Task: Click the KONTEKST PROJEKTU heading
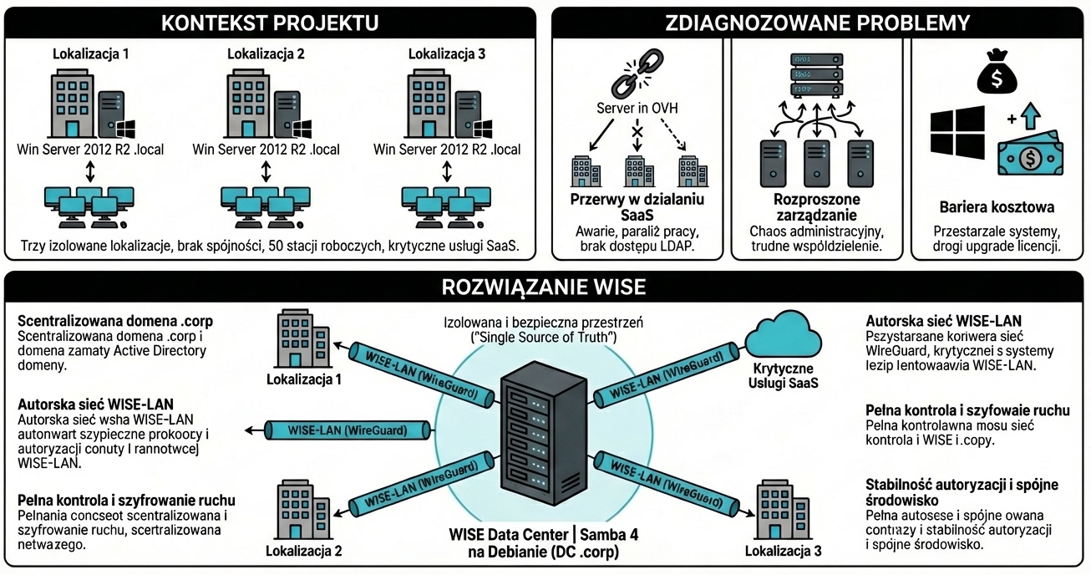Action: tap(268, 22)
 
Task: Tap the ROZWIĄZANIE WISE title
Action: tap(545, 287)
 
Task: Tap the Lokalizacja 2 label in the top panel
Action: tap(266, 54)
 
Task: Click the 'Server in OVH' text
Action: tap(637, 109)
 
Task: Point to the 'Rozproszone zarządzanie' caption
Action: tap(816, 207)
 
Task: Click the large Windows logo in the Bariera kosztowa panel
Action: tap(957, 134)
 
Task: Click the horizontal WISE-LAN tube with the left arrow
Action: tap(347, 430)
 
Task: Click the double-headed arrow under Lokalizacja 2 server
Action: tap(266, 170)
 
